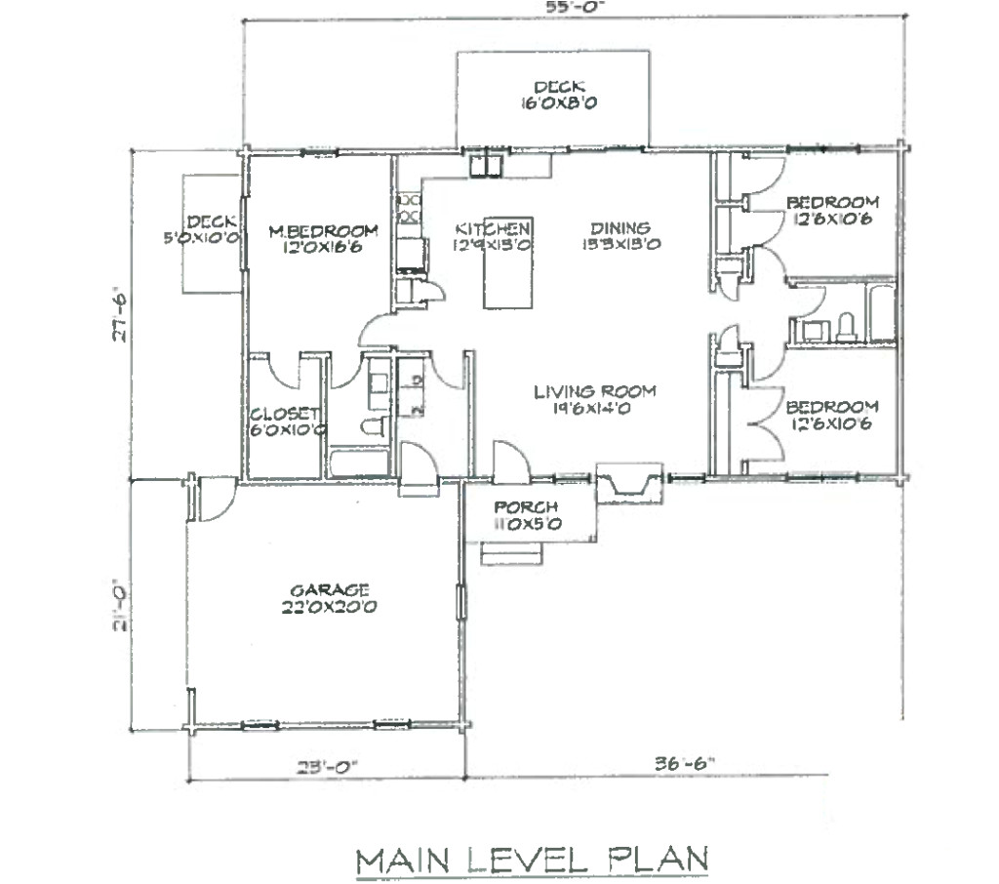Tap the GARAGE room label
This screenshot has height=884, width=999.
click(x=329, y=590)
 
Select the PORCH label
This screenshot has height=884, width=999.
click(x=525, y=507)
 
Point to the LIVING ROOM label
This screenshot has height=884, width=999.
click(x=594, y=392)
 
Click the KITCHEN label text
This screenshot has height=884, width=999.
click(x=492, y=228)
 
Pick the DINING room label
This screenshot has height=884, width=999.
click(x=619, y=228)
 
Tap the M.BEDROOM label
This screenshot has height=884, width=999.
click(x=323, y=230)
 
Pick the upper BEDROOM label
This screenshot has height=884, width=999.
click(x=832, y=202)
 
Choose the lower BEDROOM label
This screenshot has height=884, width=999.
click(x=832, y=406)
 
